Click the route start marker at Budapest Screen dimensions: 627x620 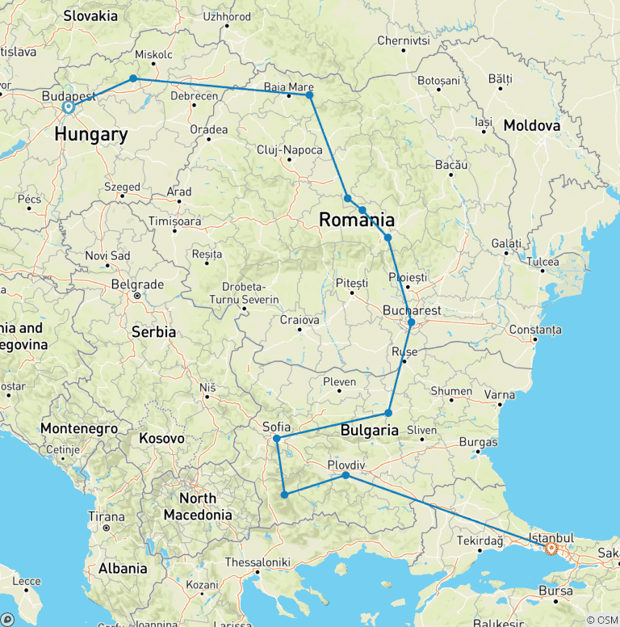(x=69, y=107)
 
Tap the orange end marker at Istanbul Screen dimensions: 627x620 (x=551, y=549)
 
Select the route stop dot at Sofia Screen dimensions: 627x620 (x=277, y=439)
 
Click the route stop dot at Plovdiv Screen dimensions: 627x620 (x=346, y=475)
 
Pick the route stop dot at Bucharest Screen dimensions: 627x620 (x=411, y=322)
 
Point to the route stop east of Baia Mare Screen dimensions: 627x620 (x=309, y=95)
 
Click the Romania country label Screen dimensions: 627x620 (x=357, y=220)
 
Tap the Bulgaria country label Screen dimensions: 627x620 (x=370, y=430)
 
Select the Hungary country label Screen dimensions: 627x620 (x=91, y=134)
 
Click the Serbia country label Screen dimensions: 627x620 (x=153, y=331)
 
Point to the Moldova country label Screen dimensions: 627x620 (x=531, y=125)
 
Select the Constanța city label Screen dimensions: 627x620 (x=534, y=330)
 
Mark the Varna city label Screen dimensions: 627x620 (x=500, y=395)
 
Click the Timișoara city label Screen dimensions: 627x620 (x=175, y=221)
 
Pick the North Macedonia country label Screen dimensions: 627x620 (x=198, y=506)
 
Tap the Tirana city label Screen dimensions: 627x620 (x=107, y=517)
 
